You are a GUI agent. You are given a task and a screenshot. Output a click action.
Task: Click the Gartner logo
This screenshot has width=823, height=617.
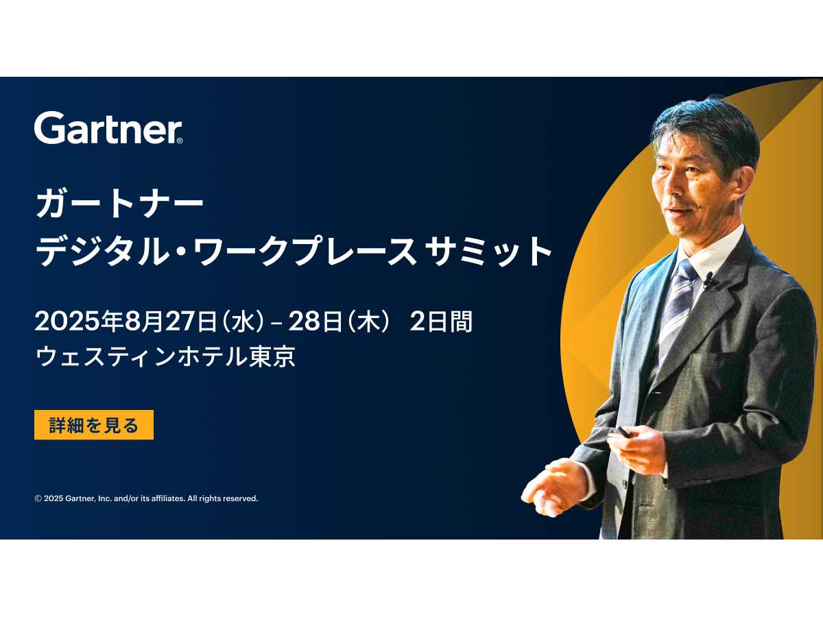point(108,128)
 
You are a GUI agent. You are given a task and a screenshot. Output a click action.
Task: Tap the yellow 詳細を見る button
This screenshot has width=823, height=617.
point(94,425)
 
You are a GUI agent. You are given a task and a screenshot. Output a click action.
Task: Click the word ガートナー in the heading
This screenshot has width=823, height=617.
point(119,204)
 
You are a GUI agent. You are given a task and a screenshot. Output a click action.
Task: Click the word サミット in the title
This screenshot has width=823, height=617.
point(488,251)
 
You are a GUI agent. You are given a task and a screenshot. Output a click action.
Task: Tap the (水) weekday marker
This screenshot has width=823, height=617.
point(243,322)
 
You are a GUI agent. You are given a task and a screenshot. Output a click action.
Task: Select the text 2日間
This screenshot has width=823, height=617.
point(441,322)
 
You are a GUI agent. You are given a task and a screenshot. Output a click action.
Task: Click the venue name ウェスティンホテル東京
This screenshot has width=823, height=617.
point(165,356)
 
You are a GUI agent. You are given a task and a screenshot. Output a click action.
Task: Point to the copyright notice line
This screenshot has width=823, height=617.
point(146,498)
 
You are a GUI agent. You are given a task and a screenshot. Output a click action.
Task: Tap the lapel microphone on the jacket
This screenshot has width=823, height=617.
point(708,280)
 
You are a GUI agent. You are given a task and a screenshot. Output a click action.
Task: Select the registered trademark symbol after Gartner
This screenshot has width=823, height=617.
point(179,141)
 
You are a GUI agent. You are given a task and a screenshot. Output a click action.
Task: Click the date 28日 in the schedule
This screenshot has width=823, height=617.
point(315,322)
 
